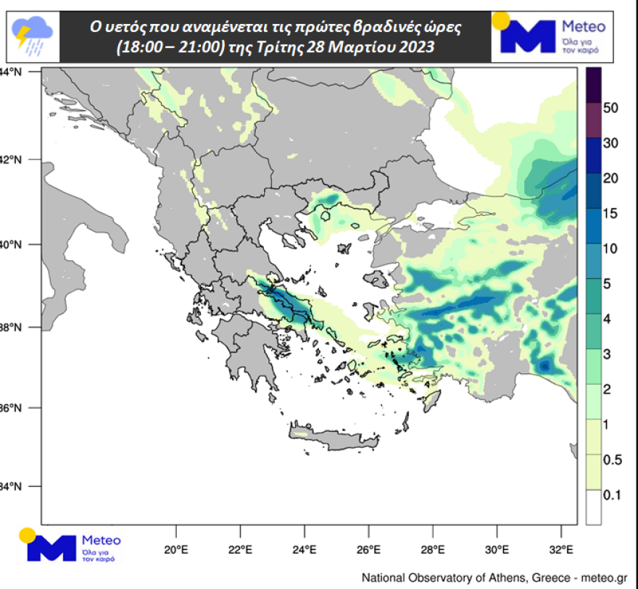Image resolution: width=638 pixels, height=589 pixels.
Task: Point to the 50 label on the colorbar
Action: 610,108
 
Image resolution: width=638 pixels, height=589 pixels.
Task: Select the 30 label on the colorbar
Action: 610,143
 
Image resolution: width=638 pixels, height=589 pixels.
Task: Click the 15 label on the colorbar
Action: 610,214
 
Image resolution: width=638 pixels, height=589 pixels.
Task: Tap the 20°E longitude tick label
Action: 176,549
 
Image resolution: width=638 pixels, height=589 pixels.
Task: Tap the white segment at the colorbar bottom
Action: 592,507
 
